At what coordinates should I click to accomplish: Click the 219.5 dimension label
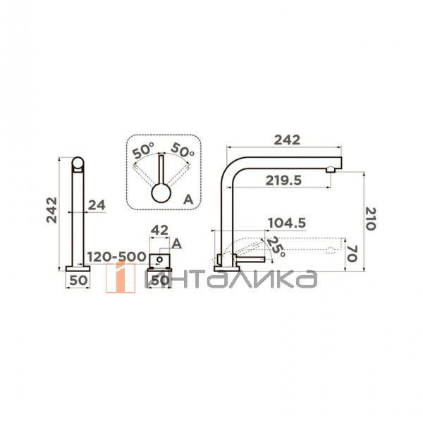coord(283,180)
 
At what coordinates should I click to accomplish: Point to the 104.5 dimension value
coord(287,223)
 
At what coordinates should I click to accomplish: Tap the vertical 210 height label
coord(370,219)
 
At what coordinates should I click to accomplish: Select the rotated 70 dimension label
coord(352,254)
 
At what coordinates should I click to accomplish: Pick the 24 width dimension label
coord(97,205)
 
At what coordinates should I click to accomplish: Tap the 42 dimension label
coord(159,231)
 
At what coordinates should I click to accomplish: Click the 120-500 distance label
coord(116,257)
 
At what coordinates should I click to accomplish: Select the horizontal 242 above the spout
coord(287,140)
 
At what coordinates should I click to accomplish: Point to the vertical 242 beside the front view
coord(51,210)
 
